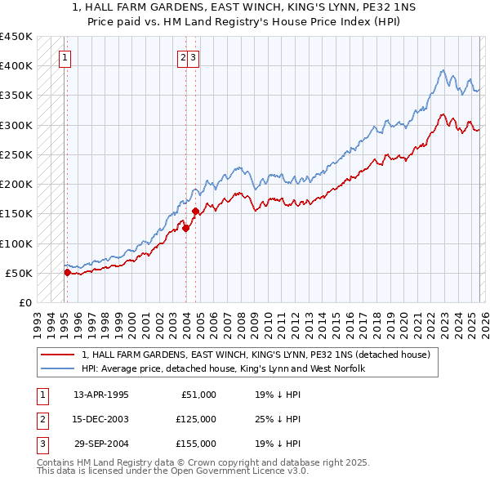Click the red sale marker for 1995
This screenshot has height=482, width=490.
67,273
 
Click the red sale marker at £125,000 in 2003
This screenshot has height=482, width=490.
185,229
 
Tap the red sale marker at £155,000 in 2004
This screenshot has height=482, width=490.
196,211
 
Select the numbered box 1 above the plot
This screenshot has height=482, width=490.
65,58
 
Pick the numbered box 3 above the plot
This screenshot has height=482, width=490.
194,58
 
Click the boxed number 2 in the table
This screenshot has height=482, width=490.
41,419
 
